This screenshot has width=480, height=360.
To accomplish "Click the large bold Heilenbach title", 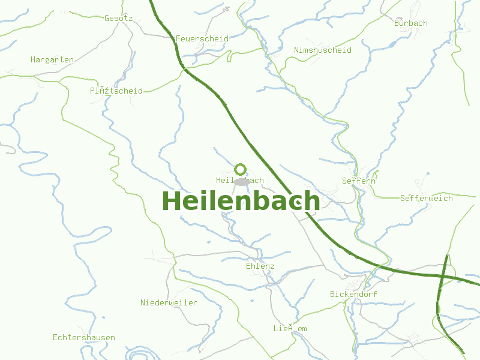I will (240, 201).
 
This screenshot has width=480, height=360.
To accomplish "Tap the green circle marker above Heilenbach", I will (241, 169).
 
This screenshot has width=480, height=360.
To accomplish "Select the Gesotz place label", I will (118, 18).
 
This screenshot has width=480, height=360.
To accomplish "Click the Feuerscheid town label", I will (202, 38).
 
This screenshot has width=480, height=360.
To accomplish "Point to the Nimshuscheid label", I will (322, 50).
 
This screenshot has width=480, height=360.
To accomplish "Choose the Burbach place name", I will (410, 23).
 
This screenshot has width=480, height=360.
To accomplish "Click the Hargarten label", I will (52, 59).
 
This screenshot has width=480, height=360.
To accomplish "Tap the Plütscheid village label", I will (116, 91).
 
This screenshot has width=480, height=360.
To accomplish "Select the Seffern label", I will (358, 180).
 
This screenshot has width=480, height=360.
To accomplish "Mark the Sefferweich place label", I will (426, 198).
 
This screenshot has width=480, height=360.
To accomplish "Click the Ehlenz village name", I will (260, 266).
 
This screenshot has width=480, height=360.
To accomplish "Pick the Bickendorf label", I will (353, 294).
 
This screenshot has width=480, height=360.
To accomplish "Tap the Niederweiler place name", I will (169, 302).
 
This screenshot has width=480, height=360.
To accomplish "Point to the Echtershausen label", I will (83, 337).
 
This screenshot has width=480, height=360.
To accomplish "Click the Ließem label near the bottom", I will (290, 328).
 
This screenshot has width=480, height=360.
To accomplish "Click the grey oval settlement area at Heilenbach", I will (242, 181).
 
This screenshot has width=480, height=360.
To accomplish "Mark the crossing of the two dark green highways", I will (444, 275).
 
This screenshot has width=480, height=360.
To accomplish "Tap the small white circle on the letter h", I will (298, 204).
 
